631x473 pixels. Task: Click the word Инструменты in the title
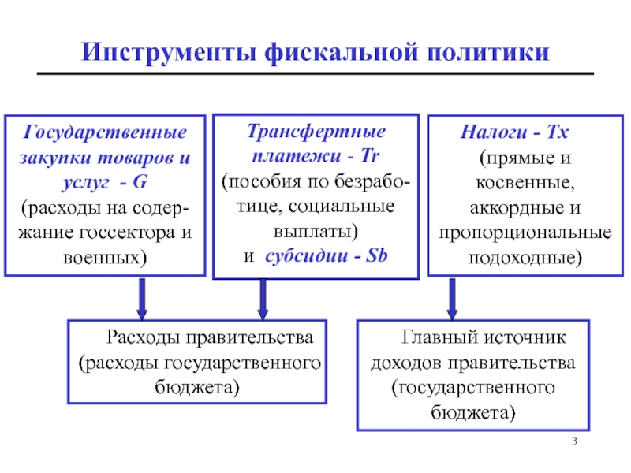[169, 53]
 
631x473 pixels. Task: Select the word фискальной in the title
[342, 53]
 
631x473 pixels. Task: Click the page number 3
[574, 441]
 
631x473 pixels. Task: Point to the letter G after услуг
[140, 182]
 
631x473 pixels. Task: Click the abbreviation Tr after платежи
[370, 155]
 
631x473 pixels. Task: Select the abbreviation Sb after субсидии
[376, 255]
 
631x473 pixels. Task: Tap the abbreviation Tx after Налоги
[558, 132]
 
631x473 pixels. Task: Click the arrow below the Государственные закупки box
[142, 300]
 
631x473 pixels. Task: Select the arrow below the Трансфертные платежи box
[263, 300]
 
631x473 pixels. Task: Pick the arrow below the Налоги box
[452, 300]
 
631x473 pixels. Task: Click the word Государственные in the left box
[105, 132]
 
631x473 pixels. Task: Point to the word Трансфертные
[316, 132]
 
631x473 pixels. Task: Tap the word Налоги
[494, 132]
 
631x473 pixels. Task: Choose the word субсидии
[307, 255]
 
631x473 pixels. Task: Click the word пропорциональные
[525, 233]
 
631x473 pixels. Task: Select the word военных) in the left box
[105, 258]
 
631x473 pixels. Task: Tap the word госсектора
[127, 233]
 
